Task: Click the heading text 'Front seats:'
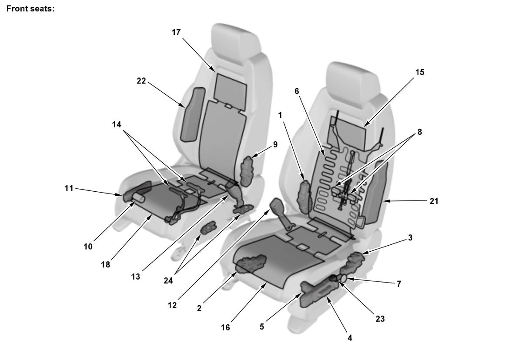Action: click(x=30, y=9)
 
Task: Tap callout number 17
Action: click(x=176, y=32)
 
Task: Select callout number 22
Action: click(x=141, y=81)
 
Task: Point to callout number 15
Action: click(x=420, y=72)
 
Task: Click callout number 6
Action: click(x=297, y=91)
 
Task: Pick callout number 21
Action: click(x=434, y=201)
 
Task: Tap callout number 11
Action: click(x=69, y=188)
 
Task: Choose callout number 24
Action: click(x=168, y=280)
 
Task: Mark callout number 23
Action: click(x=380, y=319)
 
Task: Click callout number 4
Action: click(x=350, y=338)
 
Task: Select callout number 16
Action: click(x=225, y=328)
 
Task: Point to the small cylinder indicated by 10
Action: click(x=139, y=198)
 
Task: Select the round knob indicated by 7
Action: click(x=344, y=278)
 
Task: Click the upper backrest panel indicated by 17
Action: click(x=230, y=92)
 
